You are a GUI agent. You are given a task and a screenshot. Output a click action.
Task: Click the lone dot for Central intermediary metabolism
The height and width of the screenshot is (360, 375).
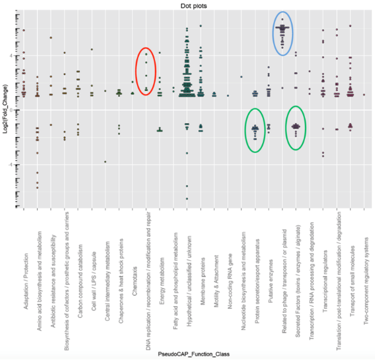(105, 162)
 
